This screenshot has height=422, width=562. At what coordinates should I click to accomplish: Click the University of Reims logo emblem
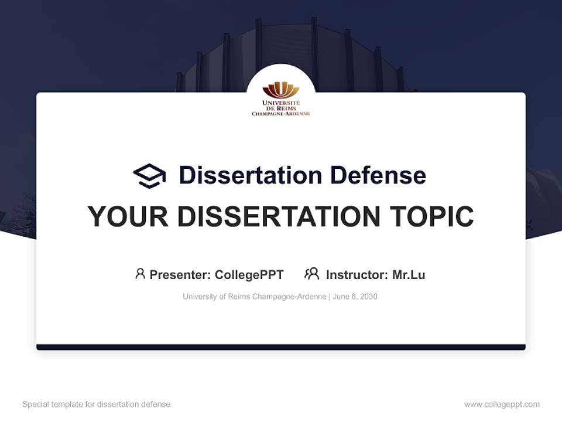[281, 90]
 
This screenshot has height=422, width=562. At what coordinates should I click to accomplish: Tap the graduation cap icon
[149, 176]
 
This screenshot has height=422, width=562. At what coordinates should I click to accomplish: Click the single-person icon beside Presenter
[140, 274]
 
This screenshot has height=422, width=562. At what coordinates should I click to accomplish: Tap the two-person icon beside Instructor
[311, 274]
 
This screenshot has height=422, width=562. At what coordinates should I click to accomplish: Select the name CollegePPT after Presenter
[249, 275]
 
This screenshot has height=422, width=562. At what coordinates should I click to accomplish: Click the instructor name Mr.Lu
[409, 275]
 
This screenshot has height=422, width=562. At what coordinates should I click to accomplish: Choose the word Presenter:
[180, 275]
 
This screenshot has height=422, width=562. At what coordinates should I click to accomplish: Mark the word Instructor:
[357, 275]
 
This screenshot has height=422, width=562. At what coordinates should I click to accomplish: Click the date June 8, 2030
[355, 297]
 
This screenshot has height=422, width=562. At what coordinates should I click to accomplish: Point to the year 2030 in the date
[369, 297]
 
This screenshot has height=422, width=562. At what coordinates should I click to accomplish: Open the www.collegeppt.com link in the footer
[502, 404]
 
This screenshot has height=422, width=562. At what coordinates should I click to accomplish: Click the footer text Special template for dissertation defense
[96, 404]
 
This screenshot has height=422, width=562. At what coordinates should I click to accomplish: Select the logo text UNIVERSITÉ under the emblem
[281, 103]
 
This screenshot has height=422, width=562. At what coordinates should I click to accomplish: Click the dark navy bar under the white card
[281, 347]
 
